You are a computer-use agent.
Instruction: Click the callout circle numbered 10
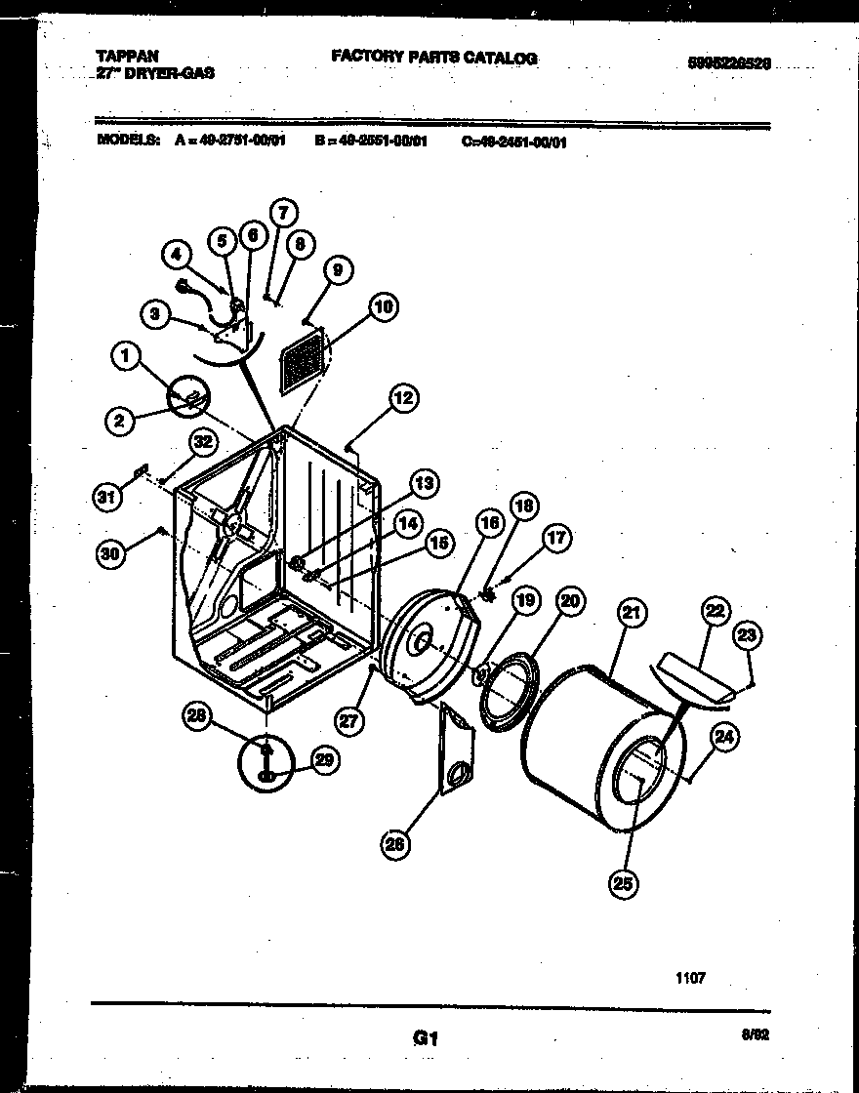pos(383,307)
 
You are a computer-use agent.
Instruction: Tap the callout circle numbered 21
pos(632,613)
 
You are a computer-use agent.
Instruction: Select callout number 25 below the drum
pos(623,884)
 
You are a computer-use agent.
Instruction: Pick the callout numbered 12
pos(402,397)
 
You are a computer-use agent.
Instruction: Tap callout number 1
pos(126,358)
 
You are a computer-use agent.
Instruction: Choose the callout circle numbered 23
pos(747,635)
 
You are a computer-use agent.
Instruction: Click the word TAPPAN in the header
pos(128,57)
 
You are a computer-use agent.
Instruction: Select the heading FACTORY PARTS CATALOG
pos(433,58)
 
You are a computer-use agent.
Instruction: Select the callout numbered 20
pos(569,601)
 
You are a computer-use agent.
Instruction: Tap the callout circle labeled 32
pos(202,443)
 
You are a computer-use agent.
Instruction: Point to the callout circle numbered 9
pos(336,273)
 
